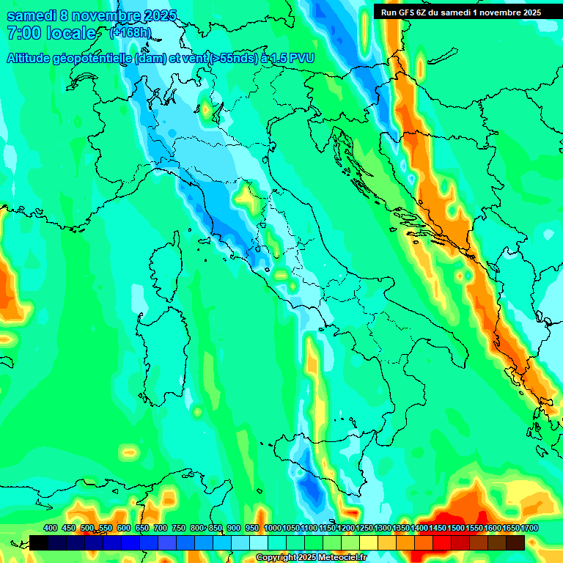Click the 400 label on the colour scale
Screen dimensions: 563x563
pyautogui.click(x=51, y=528)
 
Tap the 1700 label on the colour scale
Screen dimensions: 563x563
pyautogui.click(x=529, y=528)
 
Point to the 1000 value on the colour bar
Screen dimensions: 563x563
pyautogui.click(x=273, y=528)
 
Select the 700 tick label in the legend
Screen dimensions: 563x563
pyautogui.click(x=161, y=528)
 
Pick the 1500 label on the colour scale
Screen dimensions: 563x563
pyautogui.click(x=456, y=528)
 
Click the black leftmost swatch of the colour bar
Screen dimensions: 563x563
pyautogui.click(x=39, y=542)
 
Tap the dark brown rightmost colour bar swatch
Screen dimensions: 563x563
pyautogui.click(x=515, y=542)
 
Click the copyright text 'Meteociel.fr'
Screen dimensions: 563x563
pyautogui.click(x=339, y=558)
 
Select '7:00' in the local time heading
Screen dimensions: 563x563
pyautogui.click(x=23, y=33)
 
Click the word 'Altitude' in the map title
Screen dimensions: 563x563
pyautogui.click(x=32, y=58)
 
